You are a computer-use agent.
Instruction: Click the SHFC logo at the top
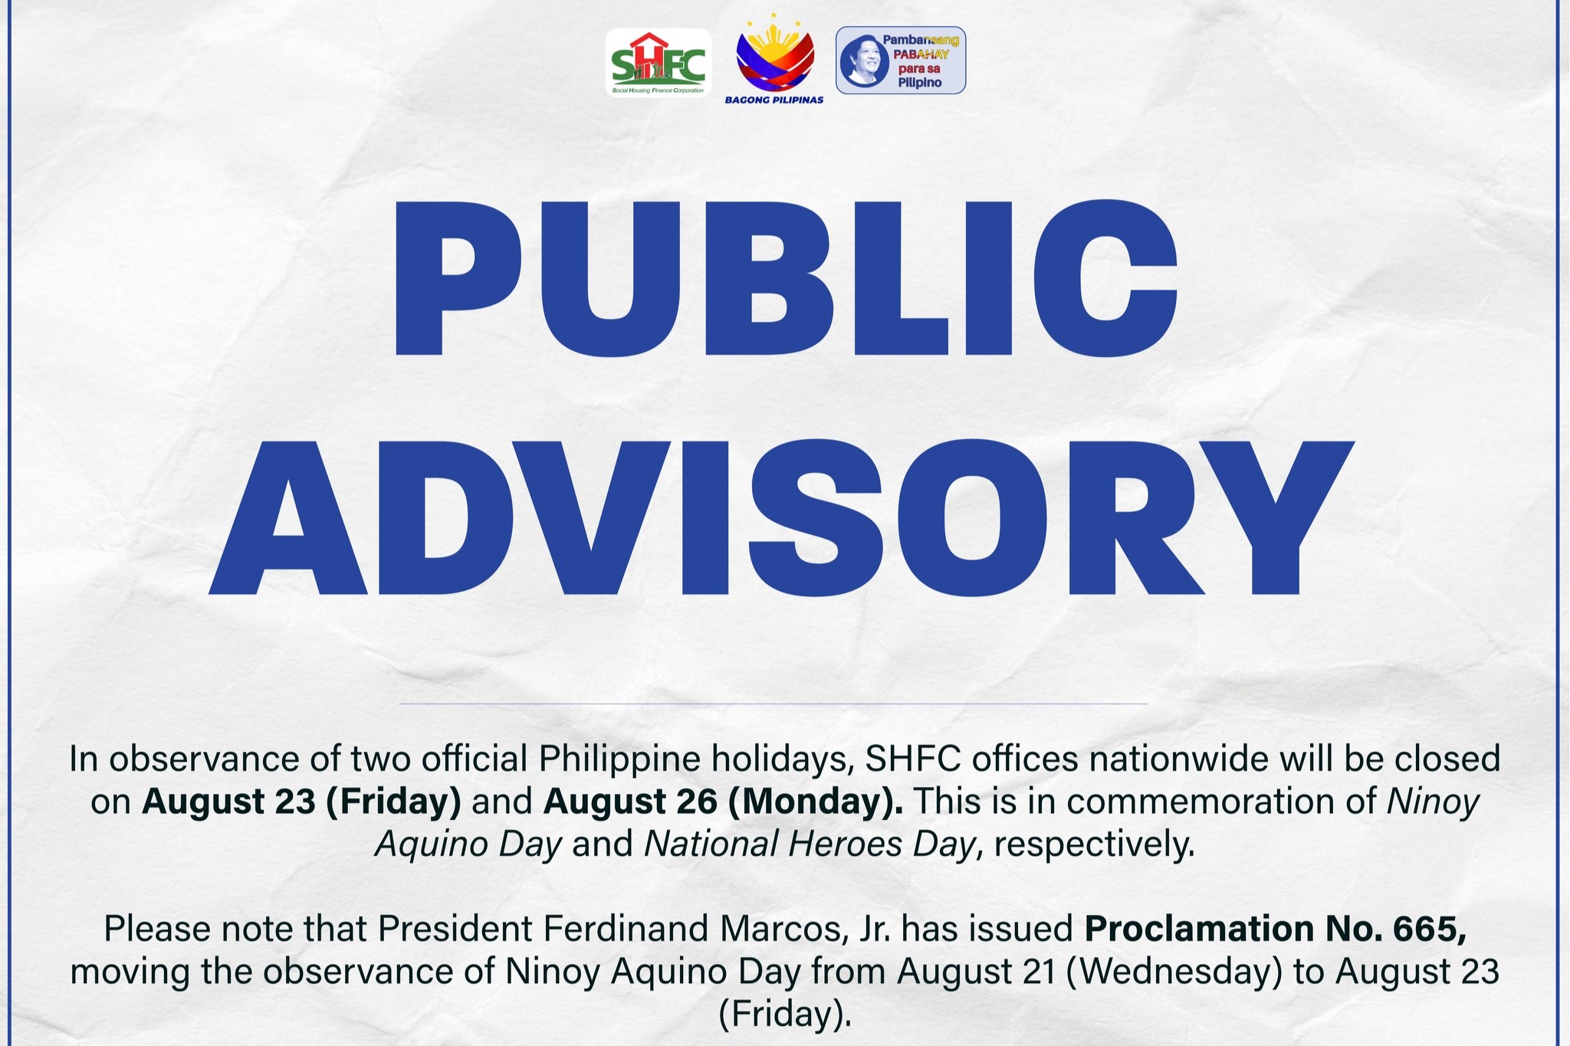(659, 63)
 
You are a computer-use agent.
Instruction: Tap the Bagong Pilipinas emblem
(774, 59)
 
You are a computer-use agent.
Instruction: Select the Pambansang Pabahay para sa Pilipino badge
(901, 61)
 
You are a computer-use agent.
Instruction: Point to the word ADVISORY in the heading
(780, 519)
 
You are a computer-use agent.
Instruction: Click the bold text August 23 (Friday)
(301, 802)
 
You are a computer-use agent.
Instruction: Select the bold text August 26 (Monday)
(723, 802)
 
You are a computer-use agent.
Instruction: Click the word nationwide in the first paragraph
(1174, 759)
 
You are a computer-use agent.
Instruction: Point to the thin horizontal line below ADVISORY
(774, 703)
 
